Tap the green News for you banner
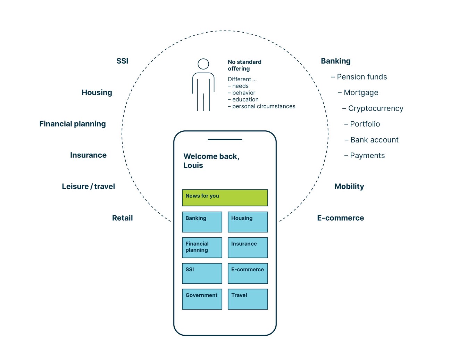pos(225,198)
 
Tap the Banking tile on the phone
pos(202,222)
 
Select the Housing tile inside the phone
pos(248,222)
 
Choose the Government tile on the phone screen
pos(202,299)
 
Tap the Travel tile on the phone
pos(248,299)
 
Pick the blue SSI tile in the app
pos(202,273)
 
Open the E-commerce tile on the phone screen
pos(248,273)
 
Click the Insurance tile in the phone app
pos(248,247)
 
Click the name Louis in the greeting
pos(193,165)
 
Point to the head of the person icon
pos(203,64)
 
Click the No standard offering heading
pos(244,65)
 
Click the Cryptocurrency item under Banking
pos(375,108)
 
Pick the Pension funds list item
pos(361,77)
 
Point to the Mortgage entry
pos(361,92)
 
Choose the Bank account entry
pos(374,140)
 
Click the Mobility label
pos(349,187)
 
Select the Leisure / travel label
pos(88,187)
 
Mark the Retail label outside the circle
pos(122,218)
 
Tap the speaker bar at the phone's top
pos(225,139)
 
